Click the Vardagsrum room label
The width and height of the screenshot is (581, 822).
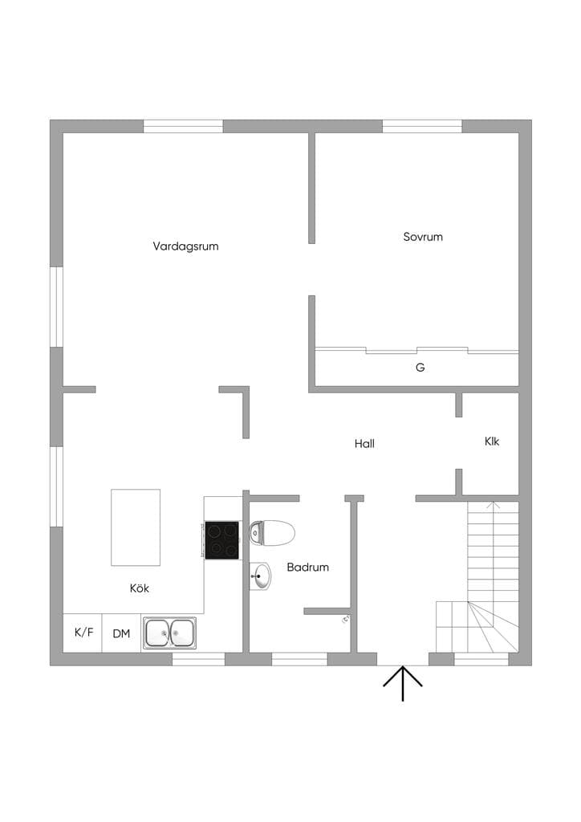click(185, 246)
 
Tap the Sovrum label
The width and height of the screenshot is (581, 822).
click(423, 237)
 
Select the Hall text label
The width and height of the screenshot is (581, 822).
click(364, 443)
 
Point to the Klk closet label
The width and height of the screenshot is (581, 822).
click(492, 442)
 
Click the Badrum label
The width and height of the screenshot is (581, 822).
click(308, 567)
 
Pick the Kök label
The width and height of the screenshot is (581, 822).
click(140, 588)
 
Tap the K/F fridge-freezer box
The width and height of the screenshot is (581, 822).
click(83, 633)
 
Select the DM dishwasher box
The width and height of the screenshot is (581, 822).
click(121, 633)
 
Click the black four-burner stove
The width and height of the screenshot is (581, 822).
click(221, 540)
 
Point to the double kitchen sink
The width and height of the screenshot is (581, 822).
click(170, 633)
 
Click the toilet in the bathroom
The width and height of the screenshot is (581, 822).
click(272, 533)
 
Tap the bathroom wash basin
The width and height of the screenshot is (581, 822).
click(260, 576)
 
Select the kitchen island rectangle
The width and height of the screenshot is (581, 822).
click(136, 527)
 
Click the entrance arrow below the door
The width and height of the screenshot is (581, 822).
click(402, 684)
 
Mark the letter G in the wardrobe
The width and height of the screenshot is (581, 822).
click(421, 368)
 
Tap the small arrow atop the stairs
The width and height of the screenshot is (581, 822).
click(493, 506)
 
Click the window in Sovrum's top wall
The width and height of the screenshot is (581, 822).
click(422, 126)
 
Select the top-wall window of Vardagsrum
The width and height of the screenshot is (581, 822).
click(183, 126)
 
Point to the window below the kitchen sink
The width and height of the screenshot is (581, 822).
click(198, 660)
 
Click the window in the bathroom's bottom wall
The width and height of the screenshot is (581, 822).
click(299, 660)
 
